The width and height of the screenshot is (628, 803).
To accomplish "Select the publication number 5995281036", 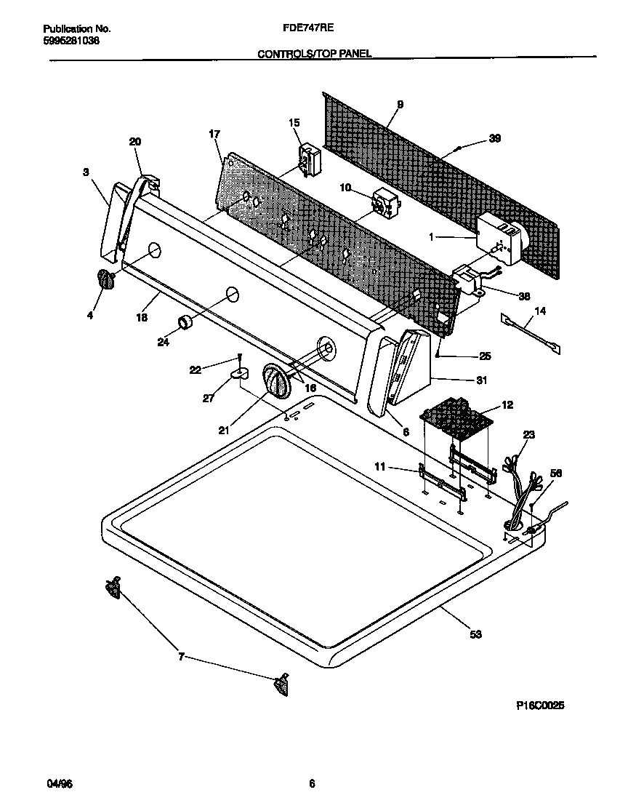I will (x=71, y=41).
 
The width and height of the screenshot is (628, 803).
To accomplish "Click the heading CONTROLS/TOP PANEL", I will (x=315, y=54).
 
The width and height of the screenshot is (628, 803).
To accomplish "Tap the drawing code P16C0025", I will (x=540, y=706).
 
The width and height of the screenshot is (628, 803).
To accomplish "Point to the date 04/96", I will (x=60, y=783).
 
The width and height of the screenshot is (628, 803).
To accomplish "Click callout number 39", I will (x=494, y=138).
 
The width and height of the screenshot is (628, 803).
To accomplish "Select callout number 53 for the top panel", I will (x=475, y=634).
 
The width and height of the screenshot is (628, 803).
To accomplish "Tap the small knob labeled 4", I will (x=105, y=279).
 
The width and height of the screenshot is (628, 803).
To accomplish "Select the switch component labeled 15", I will (x=309, y=159).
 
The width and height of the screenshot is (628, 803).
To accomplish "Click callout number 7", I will (x=181, y=658).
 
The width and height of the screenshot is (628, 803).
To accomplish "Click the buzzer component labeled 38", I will (x=470, y=279).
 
